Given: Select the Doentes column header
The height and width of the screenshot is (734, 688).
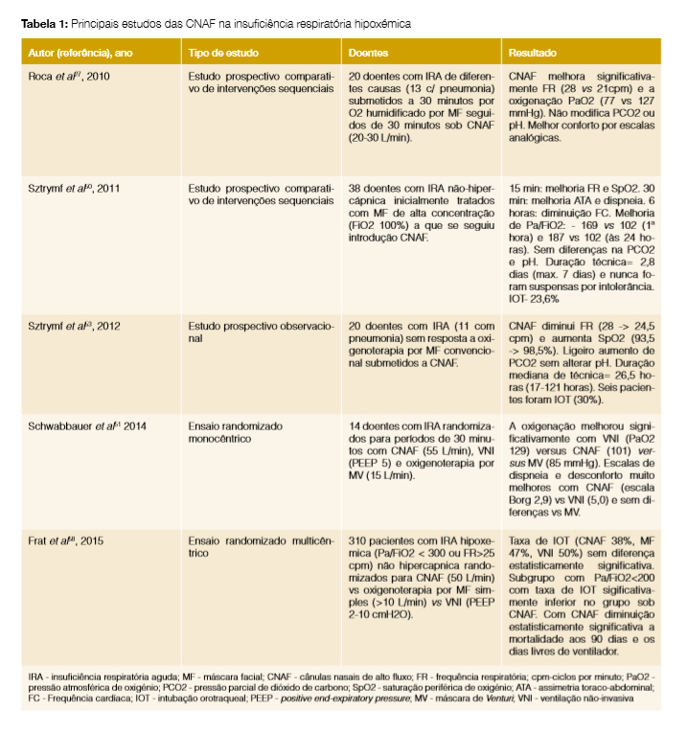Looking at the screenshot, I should pyautogui.click(x=369, y=54).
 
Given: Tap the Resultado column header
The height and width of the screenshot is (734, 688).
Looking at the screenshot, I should pyautogui.click(x=532, y=54).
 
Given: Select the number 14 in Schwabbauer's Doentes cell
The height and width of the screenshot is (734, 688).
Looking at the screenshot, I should pyautogui.click(x=356, y=423).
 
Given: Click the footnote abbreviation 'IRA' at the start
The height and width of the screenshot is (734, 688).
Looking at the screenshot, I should pyautogui.click(x=36, y=678).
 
